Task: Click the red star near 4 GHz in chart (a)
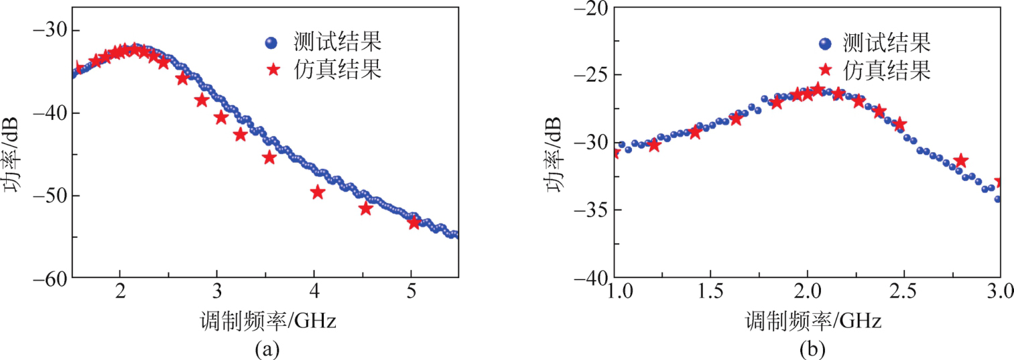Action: (317, 192)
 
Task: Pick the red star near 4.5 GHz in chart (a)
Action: (365, 208)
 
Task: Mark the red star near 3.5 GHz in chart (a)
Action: (269, 158)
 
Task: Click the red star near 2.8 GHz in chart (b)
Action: (960, 160)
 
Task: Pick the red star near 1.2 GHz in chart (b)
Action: (654, 144)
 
